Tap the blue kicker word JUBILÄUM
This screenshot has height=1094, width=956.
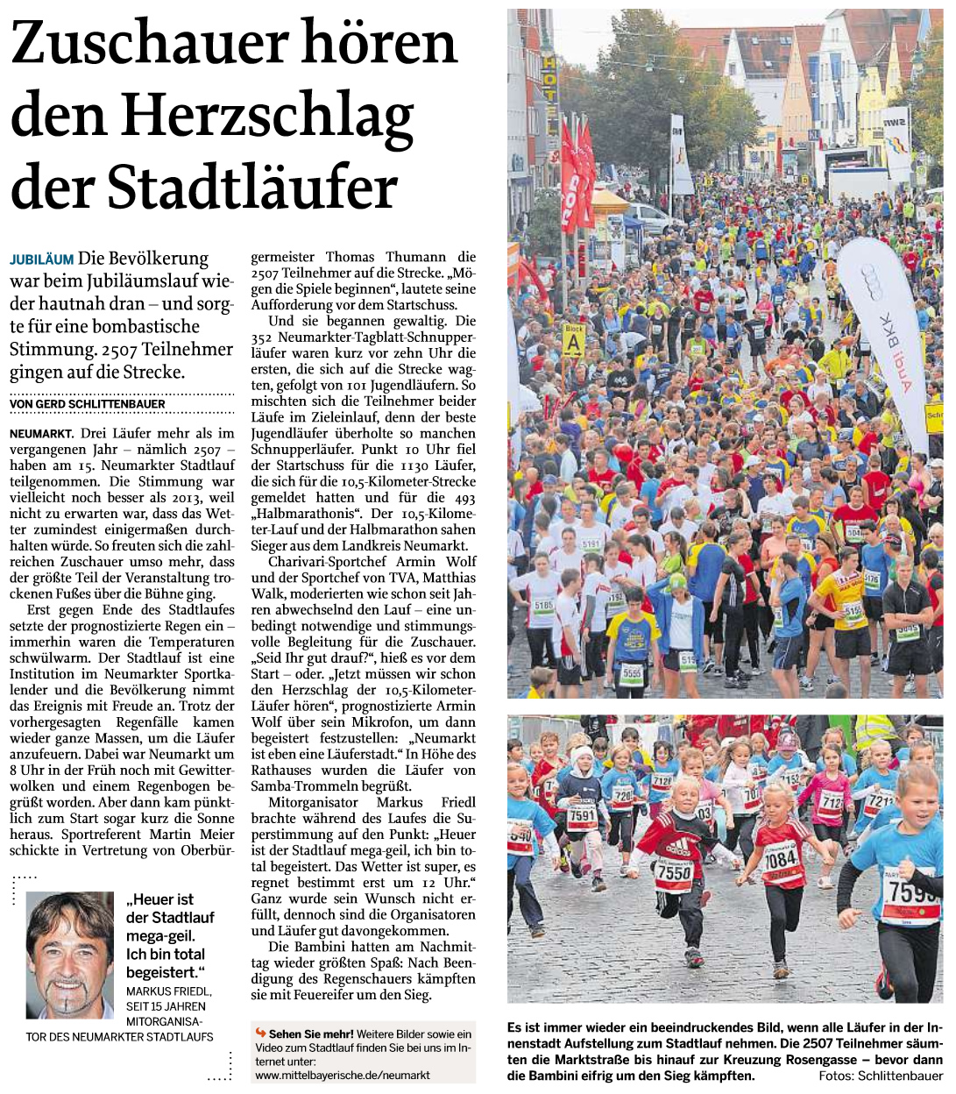pos(41,260)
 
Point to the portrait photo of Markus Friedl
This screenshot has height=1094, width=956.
pos(70,954)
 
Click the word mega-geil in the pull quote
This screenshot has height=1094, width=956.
pos(160,936)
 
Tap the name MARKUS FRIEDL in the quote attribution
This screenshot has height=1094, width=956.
pos(169,991)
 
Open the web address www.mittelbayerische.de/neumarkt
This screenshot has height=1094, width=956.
pos(343,1075)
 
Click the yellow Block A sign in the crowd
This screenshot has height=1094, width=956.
pos(573,339)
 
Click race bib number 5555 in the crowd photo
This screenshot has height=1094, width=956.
pos(631,673)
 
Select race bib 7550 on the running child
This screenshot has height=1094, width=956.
pos(674,874)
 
